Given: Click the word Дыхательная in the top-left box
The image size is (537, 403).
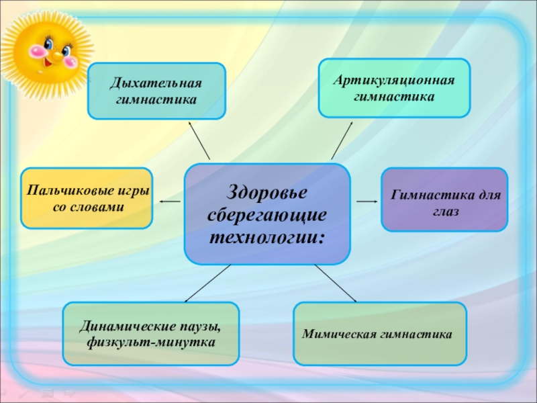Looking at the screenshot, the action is tap(156, 85).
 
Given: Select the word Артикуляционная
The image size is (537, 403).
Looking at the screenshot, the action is tap(394, 81).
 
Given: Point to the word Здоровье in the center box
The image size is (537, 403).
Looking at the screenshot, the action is tap(268, 192).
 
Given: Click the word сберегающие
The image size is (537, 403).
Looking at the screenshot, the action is tap(267, 215).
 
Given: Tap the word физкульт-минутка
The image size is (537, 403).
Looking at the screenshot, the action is tap(151, 343).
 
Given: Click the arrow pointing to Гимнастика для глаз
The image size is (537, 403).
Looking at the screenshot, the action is tap(367, 201).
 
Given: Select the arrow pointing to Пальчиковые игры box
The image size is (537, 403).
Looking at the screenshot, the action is tap(170, 201).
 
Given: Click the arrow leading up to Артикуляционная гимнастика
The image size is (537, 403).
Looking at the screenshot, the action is tap(342, 140).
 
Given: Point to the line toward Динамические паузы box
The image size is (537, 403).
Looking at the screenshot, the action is tap(207, 283).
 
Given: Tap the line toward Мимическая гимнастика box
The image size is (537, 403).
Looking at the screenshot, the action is tap(335, 283).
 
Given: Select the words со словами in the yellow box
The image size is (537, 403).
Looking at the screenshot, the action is tap(87, 208).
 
